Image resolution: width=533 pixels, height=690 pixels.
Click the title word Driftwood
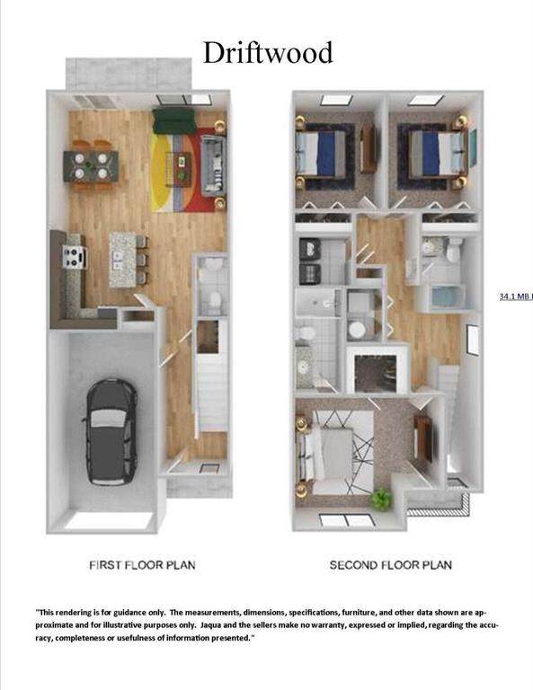(268, 52)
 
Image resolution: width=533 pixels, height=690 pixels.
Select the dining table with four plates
(91, 165)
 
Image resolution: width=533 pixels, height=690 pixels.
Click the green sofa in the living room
(174, 120)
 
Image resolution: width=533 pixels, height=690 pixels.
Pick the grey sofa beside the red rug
(213, 166)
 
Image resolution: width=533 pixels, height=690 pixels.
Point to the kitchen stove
(74, 257)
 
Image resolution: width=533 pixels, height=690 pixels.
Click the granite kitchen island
(122, 260)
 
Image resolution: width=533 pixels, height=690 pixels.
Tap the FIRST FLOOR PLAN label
(142, 565)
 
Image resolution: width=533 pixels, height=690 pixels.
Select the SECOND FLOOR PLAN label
(391, 565)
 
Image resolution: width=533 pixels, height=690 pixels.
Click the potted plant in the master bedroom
(381, 499)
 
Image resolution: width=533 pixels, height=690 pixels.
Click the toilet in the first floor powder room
(215, 301)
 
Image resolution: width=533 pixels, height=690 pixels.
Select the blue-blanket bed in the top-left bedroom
(321, 153)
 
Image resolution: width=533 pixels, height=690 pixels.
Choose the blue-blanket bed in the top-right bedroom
(433, 153)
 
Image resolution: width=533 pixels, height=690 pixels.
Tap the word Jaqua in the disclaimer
(212, 625)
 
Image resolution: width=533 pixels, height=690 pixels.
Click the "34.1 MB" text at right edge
(515, 296)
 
